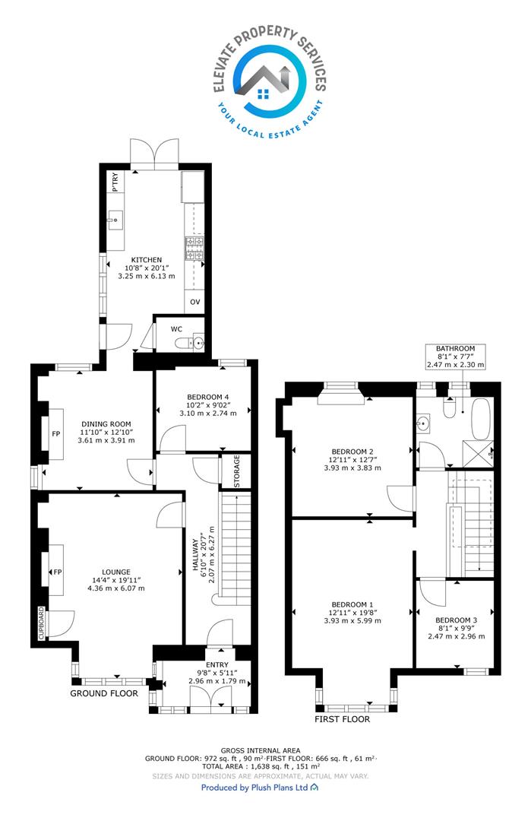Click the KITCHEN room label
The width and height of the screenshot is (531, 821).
[x=147, y=260]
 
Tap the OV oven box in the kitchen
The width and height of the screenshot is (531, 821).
[x=195, y=302]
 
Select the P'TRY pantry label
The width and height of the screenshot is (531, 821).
[x=115, y=182]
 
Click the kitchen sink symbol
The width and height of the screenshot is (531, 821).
[x=115, y=221]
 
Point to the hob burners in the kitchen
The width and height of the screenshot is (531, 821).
[x=194, y=249]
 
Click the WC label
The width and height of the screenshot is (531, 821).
[x=176, y=329]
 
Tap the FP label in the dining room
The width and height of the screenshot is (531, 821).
[x=56, y=434]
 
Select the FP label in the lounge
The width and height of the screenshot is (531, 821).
[x=58, y=572]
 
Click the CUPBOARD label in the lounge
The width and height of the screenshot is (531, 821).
[x=41, y=623]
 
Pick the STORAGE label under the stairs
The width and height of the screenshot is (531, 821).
[x=236, y=471]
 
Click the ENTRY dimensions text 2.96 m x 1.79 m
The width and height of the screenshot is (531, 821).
[x=217, y=681]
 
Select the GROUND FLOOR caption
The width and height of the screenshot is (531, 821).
[x=104, y=693]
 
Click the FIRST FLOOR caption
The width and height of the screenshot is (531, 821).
[x=342, y=719]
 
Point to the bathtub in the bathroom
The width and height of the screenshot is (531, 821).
[x=482, y=419]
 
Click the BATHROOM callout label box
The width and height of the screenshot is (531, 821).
[x=456, y=357]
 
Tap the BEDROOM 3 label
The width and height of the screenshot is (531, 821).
[x=457, y=620]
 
